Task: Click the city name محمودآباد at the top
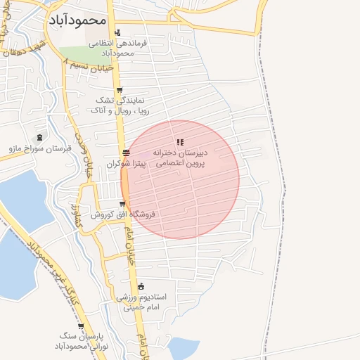point(77,20)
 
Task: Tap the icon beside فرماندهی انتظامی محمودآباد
point(117,32)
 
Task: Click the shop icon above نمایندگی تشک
point(120,90)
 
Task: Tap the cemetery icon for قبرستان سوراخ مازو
point(39,137)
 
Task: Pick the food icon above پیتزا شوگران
point(125,153)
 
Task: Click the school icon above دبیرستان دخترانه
point(180,143)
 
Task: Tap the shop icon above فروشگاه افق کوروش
point(122,204)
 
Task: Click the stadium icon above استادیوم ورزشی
point(142,286)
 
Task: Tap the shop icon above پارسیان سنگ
point(82,326)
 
